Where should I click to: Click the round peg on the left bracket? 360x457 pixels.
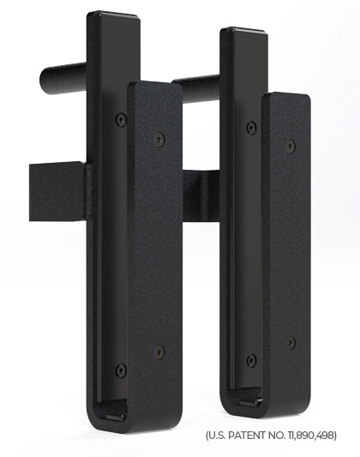[x=63, y=78]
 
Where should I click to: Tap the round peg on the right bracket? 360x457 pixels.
[x=195, y=88]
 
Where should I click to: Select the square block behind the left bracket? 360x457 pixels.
[x=57, y=191]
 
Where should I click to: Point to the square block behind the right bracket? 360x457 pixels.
[x=201, y=195]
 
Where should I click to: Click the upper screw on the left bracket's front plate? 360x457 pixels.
[x=159, y=139]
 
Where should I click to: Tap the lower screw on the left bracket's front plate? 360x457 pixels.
[x=159, y=352]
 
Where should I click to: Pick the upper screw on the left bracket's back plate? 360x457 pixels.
[x=121, y=119]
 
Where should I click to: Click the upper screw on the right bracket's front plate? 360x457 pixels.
[x=291, y=145]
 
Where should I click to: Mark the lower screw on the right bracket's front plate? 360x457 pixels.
[x=291, y=343]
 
